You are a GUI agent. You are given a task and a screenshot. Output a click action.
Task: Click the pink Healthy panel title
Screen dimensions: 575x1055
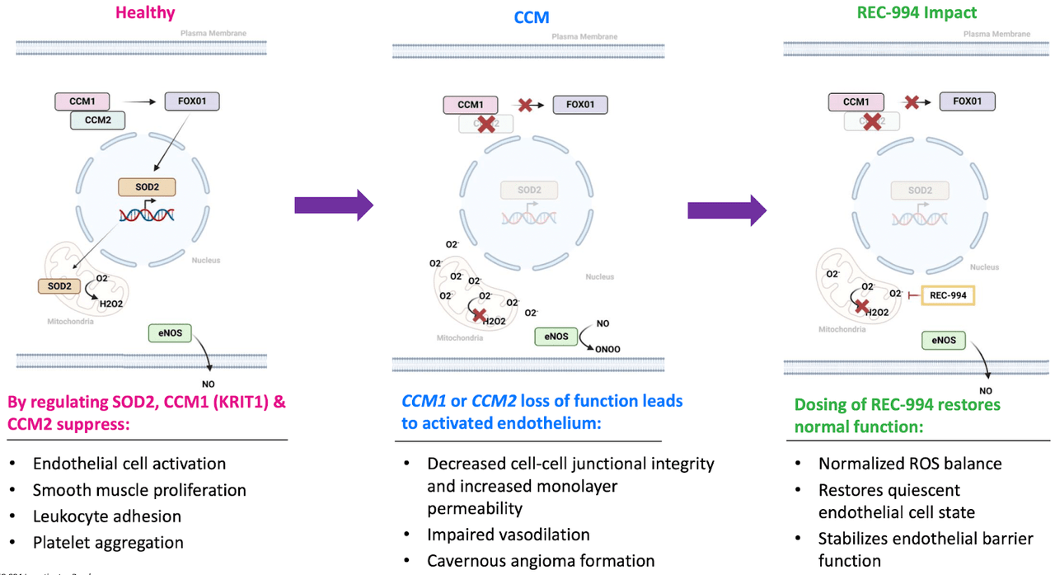tap(145, 12)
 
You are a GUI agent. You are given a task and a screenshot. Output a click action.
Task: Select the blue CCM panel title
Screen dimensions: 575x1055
tap(532, 16)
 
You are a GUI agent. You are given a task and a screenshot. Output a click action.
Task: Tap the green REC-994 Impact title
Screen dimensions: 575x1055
tap(905, 13)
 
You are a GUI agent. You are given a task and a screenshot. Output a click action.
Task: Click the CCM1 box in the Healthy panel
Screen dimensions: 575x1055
tap(82, 101)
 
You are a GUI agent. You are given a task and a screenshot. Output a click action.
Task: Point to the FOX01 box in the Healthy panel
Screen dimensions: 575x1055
tap(192, 101)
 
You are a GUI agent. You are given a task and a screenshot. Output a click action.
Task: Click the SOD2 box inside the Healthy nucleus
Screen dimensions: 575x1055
tap(145, 187)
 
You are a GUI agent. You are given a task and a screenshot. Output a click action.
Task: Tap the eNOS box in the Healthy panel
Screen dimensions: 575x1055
tap(171, 333)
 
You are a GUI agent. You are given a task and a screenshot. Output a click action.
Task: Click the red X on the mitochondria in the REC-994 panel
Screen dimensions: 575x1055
tap(861, 307)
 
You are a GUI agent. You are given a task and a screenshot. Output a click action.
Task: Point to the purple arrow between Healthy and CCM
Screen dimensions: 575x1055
tap(334, 205)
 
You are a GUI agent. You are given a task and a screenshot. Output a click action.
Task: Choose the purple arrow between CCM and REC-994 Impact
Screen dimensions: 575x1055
tap(726, 210)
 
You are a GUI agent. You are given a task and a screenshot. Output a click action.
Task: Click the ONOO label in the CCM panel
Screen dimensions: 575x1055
tap(607, 349)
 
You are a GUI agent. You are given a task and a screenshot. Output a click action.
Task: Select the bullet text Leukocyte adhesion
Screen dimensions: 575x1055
tap(107, 516)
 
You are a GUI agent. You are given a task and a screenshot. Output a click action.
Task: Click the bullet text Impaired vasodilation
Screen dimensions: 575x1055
tap(509, 535)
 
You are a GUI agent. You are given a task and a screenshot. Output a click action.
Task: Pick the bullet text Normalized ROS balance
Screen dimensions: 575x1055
tap(910, 464)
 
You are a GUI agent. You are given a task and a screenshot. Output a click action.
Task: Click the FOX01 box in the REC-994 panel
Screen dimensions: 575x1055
tap(968, 101)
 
